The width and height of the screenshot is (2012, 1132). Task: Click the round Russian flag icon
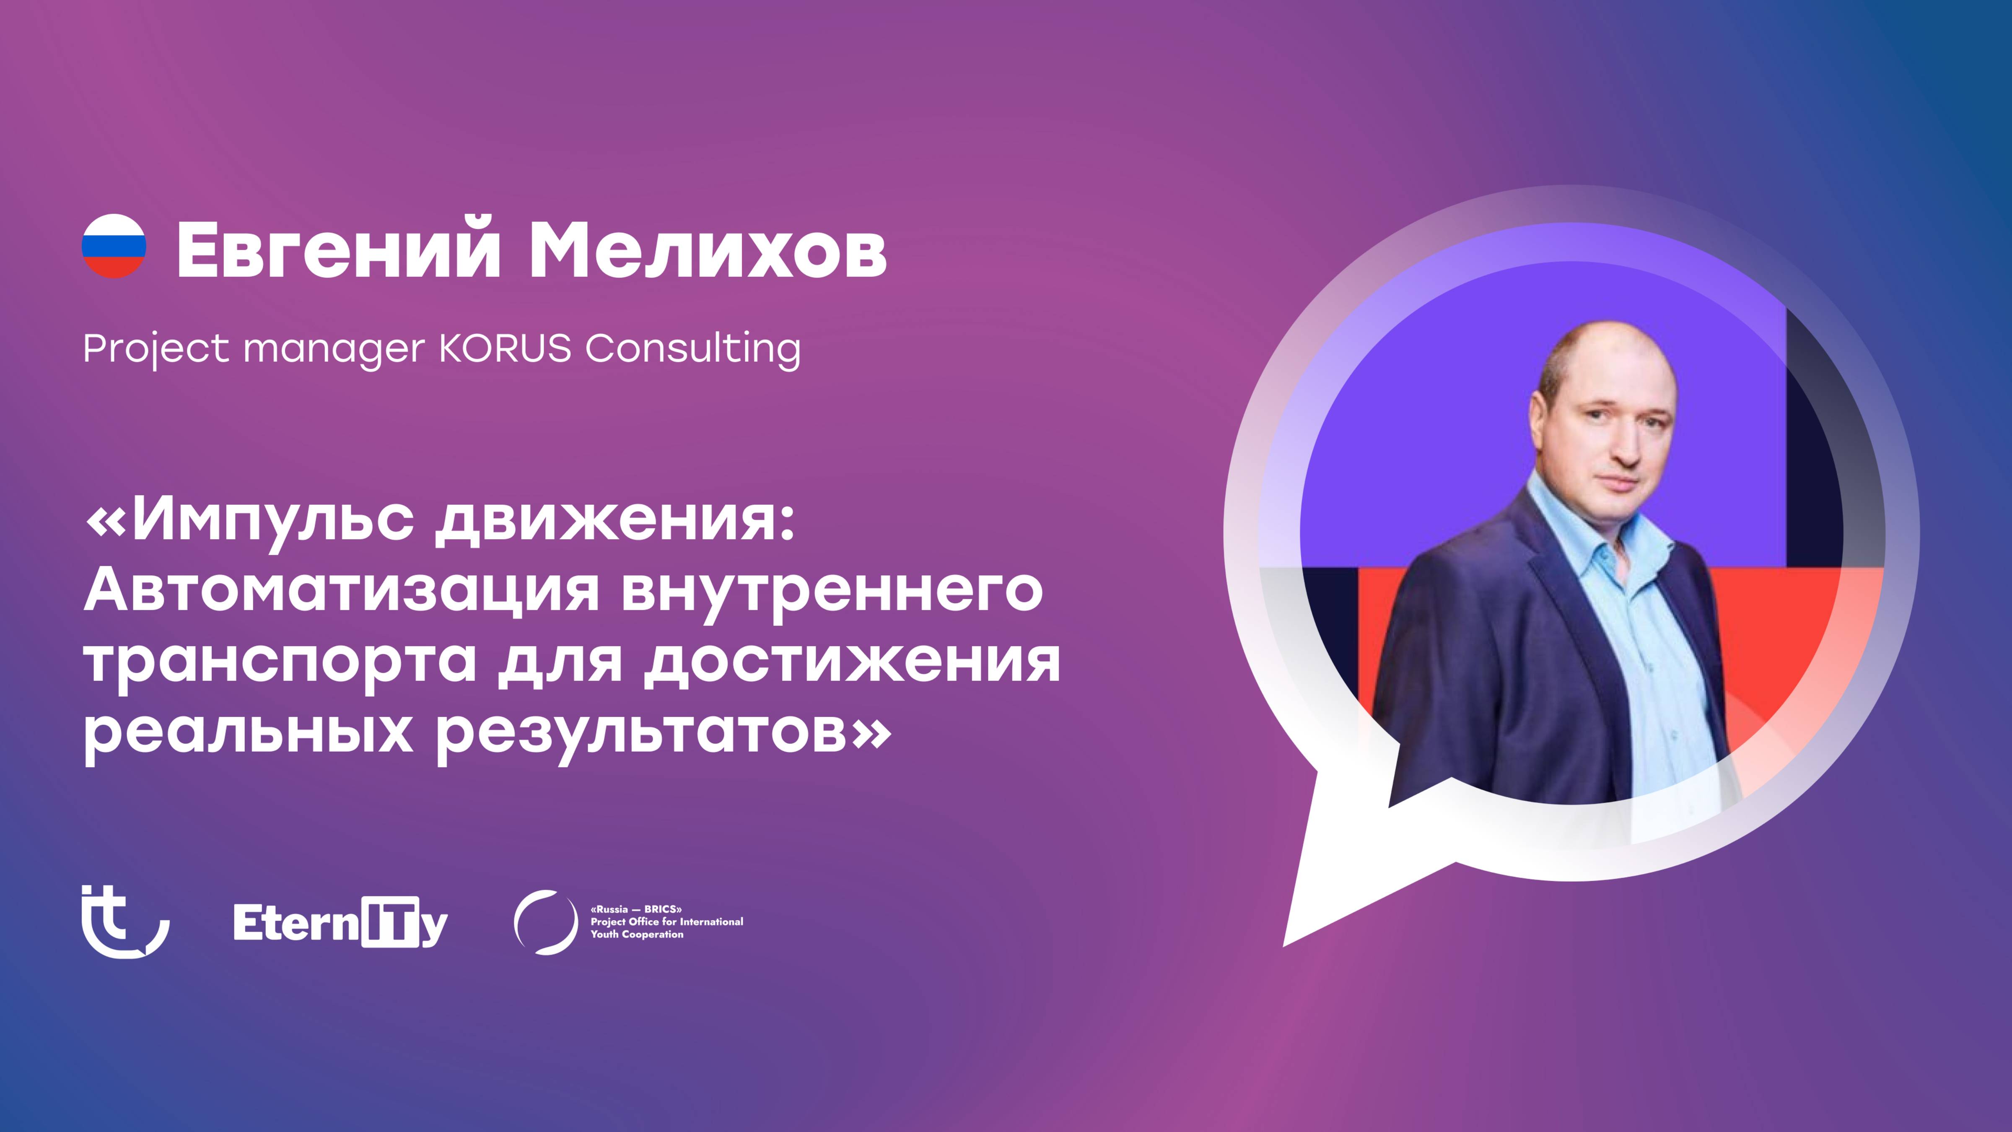[x=114, y=246]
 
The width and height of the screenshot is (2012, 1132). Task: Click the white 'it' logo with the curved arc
[x=125, y=922]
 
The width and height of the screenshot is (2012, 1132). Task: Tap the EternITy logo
[x=340, y=924]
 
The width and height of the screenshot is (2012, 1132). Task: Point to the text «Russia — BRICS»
[x=637, y=909]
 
